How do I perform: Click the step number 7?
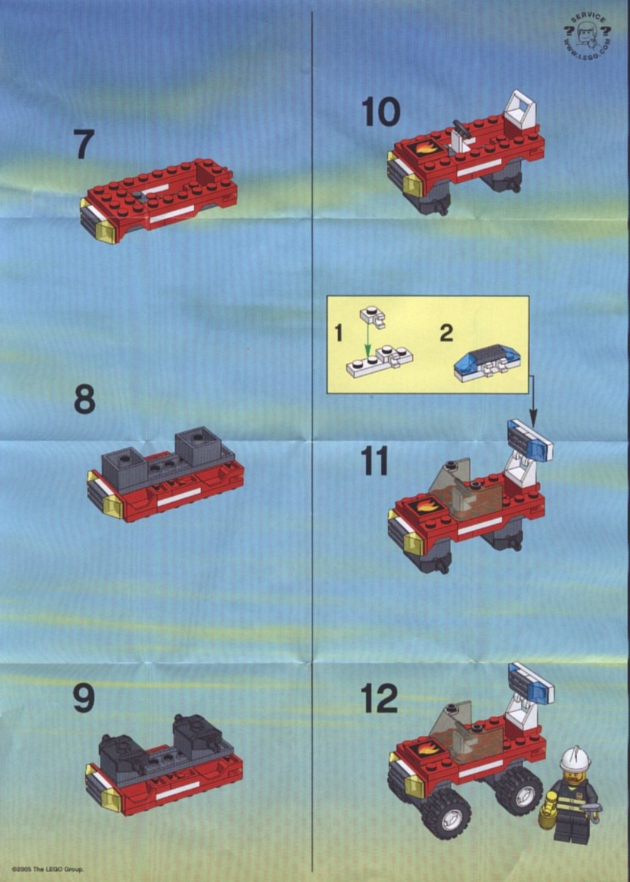coord(83,144)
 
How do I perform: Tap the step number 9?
coord(84,698)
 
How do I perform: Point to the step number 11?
coord(375,461)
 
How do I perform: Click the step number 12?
coord(380,698)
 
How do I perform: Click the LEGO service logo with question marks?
coord(587,37)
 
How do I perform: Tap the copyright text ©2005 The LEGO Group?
coord(47,870)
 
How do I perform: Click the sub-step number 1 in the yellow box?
coord(338,333)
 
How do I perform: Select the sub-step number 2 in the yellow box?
coord(446,333)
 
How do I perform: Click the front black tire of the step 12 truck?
coord(447,814)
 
